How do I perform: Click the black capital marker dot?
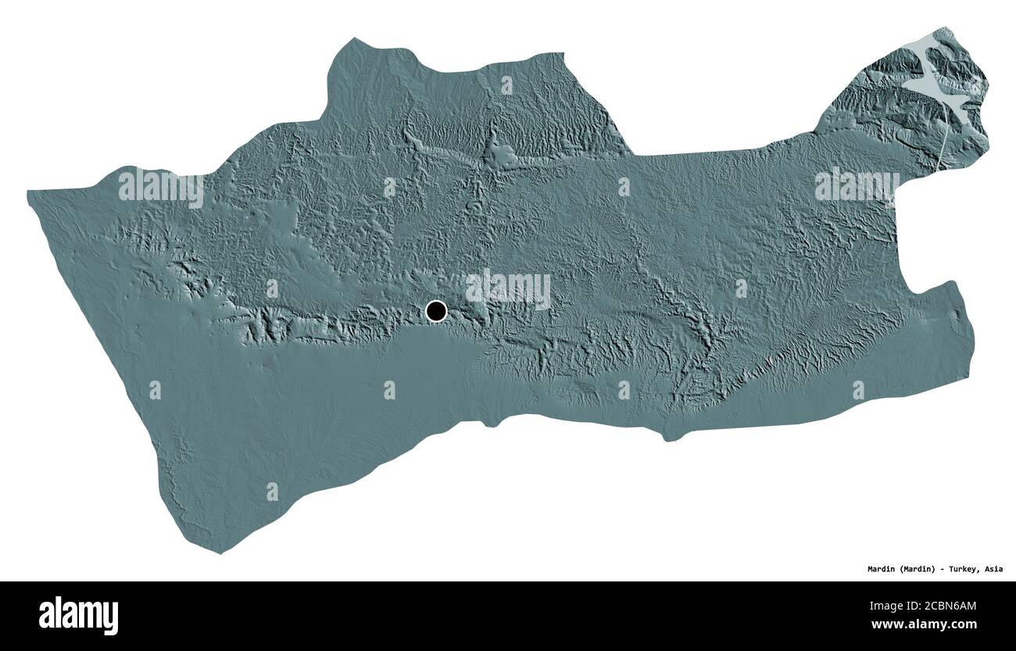(436, 311)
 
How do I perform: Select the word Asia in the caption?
(992, 569)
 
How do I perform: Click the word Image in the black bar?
(885, 604)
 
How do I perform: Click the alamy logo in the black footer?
(78, 615)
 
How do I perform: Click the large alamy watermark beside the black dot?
(508, 289)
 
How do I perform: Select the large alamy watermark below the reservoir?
(856, 186)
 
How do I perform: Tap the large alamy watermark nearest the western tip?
(160, 188)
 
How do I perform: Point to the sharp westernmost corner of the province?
(28, 192)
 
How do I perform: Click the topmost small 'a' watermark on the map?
(506, 84)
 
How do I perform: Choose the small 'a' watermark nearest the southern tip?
(272, 491)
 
